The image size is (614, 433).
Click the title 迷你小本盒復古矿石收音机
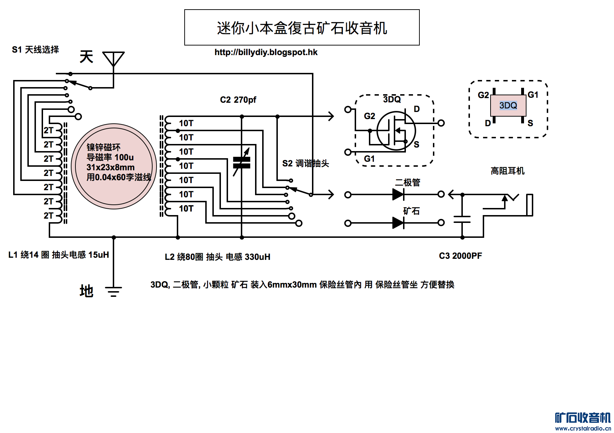302,28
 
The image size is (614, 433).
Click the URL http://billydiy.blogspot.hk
266,52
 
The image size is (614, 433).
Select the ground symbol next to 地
113,292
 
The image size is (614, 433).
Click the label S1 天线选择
35,50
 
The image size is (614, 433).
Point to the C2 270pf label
238,100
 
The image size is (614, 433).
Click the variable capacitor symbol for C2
242,162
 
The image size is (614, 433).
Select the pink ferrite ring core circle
114,166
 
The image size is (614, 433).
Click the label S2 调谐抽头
305,164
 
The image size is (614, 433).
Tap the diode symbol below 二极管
398,194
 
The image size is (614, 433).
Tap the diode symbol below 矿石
398,223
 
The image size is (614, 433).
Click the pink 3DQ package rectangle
508,105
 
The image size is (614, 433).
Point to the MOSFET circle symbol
396,131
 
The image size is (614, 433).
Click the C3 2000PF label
460,256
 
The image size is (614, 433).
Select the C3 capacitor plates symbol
462,219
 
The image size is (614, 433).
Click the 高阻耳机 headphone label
507,171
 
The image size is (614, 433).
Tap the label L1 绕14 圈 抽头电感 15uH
59,255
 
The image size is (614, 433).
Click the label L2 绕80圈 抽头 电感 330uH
217,257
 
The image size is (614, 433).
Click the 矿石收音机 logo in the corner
583,418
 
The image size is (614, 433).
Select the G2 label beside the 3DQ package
483,95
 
